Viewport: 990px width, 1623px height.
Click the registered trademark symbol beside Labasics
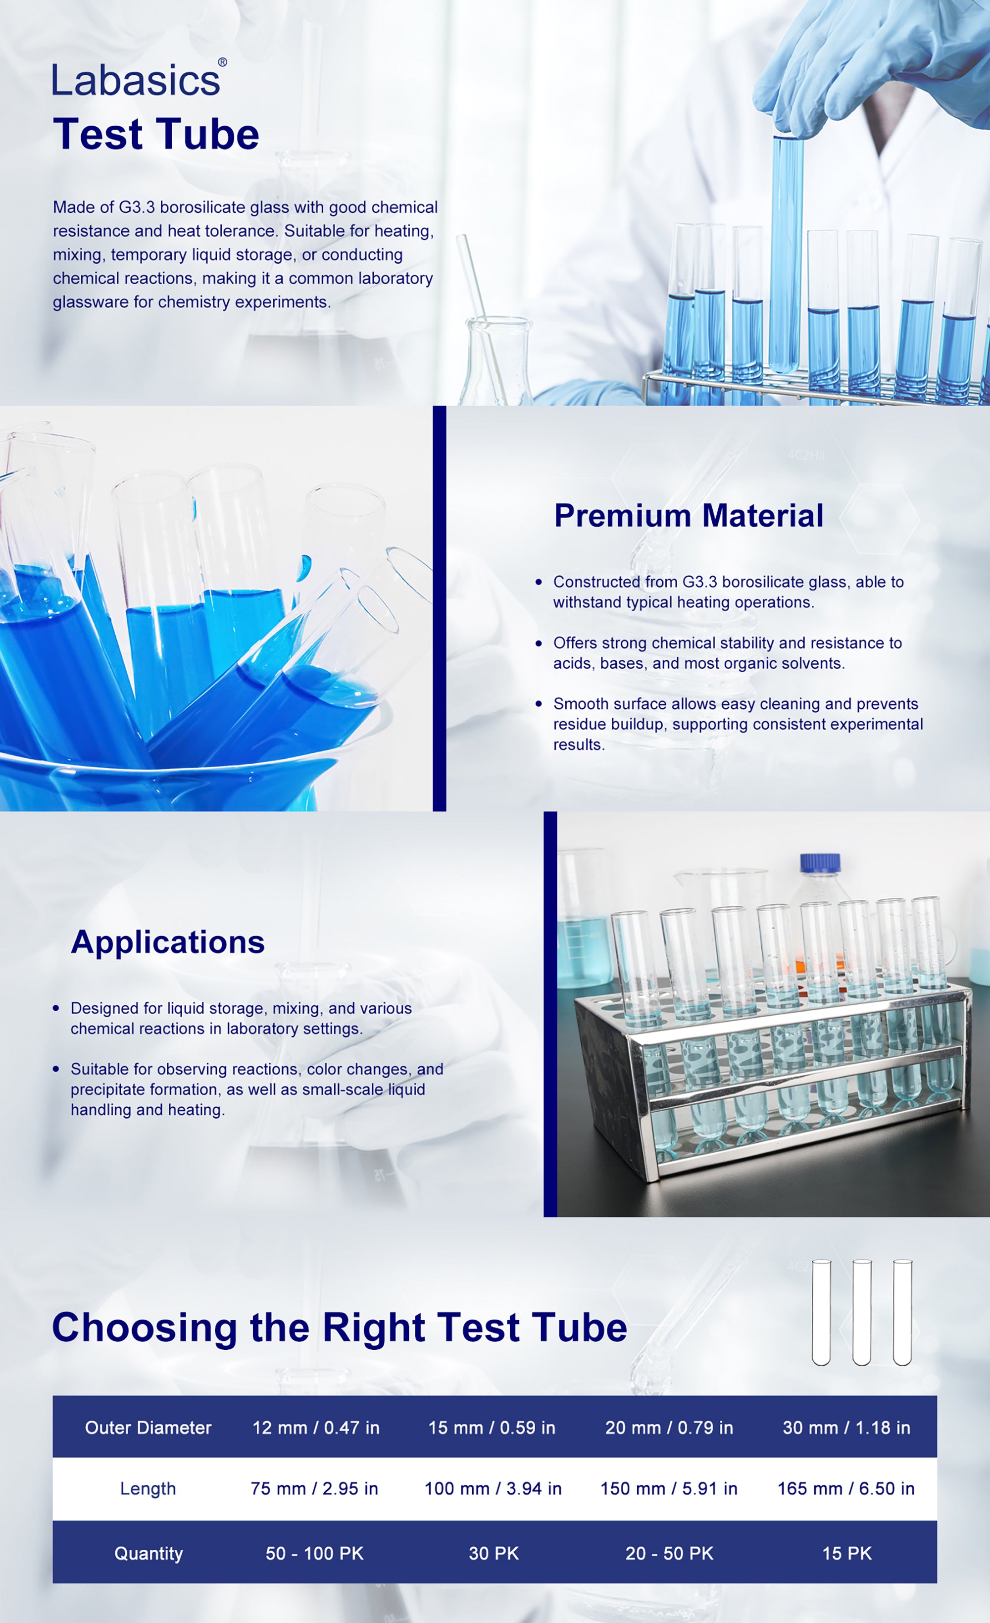coord(223,62)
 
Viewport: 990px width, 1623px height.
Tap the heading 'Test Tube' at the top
coord(156,134)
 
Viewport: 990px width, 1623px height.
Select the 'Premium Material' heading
coord(689,515)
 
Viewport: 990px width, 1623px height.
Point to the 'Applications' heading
coord(168,942)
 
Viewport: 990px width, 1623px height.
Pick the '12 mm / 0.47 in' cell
coord(316,1427)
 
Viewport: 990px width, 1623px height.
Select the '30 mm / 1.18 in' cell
coord(846,1427)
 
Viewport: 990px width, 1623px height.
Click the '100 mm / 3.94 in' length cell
coord(493,1489)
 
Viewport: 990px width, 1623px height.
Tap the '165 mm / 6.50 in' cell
coord(846,1489)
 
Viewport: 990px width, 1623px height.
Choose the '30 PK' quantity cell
coord(494,1553)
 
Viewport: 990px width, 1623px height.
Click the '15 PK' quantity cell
coord(847,1553)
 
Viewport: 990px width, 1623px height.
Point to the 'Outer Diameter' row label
coord(148,1427)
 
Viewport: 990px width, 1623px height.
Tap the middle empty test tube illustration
coord(862,1312)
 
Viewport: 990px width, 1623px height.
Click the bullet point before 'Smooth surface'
coord(539,703)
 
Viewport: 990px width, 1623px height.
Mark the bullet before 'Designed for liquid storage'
coord(56,1008)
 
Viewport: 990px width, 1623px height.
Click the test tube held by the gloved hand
coord(787,253)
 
